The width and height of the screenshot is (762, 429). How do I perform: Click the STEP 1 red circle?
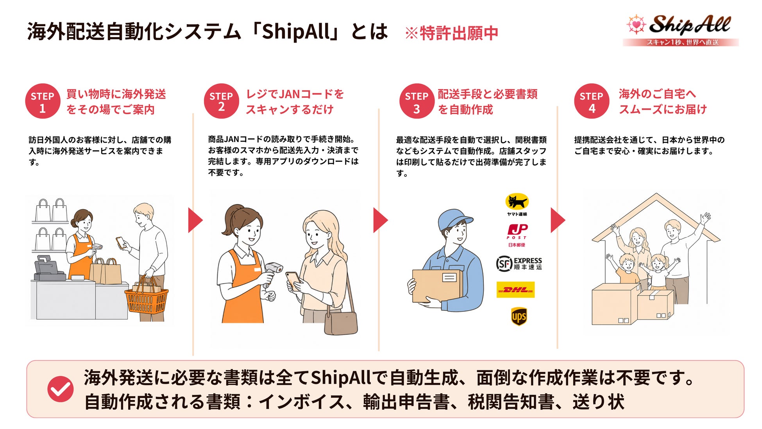(x=43, y=101)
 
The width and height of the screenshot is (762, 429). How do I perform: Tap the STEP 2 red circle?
(x=221, y=101)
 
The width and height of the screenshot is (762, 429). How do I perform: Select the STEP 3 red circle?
(x=417, y=101)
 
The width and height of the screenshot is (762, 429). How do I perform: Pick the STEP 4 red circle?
(x=592, y=101)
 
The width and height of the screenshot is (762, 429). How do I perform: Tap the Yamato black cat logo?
(x=517, y=205)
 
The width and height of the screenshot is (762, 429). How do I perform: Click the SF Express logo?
(x=519, y=264)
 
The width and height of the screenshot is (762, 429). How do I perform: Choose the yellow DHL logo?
(x=515, y=290)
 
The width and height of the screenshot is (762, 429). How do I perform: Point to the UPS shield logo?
(x=519, y=316)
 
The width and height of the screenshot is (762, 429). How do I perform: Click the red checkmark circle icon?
(x=60, y=389)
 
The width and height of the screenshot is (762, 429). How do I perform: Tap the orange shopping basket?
(x=146, y=299)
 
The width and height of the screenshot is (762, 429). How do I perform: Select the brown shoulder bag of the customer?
(x=341, y=323)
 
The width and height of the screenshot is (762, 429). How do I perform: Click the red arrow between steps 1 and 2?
(x=195, y=220)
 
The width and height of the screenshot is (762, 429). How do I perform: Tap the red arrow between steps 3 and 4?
(x=558, y=220)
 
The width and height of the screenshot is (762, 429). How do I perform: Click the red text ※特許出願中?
(x=451, y=33)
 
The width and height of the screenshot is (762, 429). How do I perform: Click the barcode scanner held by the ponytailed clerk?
(x=272, y=271)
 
